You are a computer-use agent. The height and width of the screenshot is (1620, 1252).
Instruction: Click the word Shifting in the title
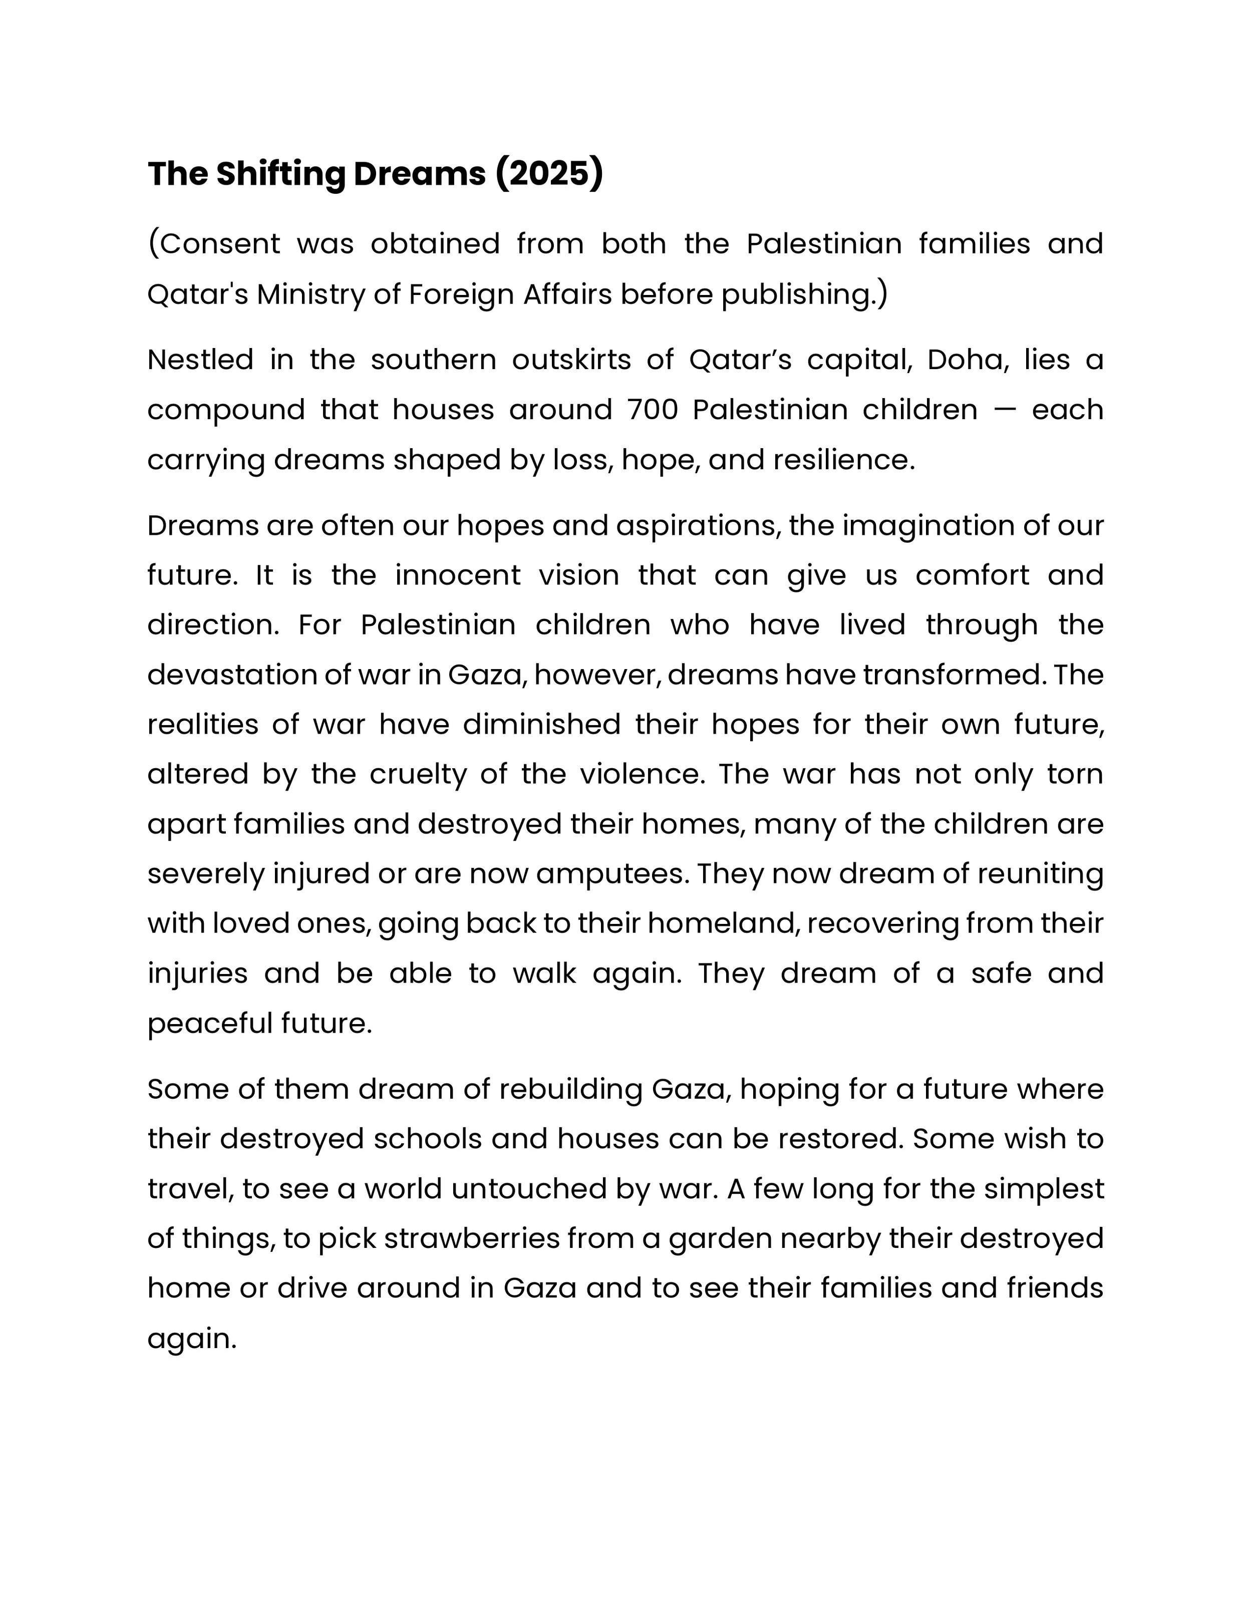(x=281, y=174)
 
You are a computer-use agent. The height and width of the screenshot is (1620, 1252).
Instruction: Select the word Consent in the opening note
(x=220, y=243)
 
